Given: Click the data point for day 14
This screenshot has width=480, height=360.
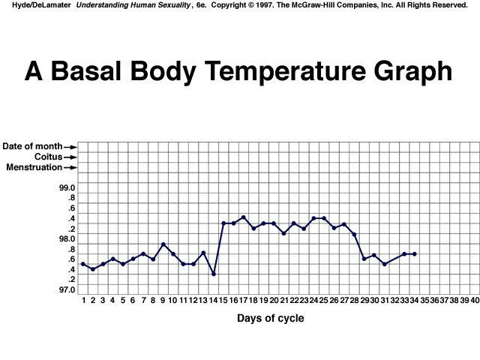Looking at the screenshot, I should [214, 274].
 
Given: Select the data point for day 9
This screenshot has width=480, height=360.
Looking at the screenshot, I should [163, 244].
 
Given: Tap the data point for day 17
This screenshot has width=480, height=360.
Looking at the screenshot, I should [244, 217].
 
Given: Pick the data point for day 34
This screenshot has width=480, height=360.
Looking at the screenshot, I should [415, 254].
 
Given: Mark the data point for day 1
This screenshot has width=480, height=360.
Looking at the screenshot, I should [82, 264].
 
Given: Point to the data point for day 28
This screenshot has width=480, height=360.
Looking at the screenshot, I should [354, 235].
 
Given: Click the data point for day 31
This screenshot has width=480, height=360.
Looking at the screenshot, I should [385, 264].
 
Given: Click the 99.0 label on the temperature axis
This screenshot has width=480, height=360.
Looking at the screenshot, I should [67, 187].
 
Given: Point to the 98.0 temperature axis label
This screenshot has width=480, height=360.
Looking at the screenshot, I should [67, 238].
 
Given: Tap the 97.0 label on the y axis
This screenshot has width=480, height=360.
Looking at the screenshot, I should [67, 289].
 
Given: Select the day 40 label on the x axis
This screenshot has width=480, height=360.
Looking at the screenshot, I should [475, 300].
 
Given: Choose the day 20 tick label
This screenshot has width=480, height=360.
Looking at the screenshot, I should [274, 300].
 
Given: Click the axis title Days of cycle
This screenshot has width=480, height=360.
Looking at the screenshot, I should [271, 318].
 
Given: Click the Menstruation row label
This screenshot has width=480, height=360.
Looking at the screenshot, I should [34, 167].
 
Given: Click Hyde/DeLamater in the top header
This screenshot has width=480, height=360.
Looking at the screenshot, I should [40, 6].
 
